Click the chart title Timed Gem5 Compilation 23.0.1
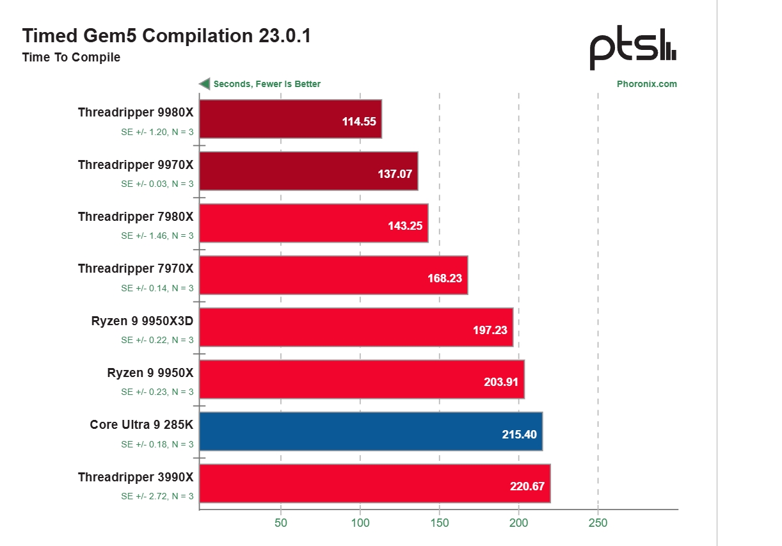[x=166, y=36]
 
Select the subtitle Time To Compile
[x=71, y=58]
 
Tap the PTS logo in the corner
[x=632, y=49]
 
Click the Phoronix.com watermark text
[x=646, y=84]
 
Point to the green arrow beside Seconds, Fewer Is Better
[x=205, y=84]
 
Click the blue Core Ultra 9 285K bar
[x=371, y=431]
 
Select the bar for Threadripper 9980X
[x=291, y=119]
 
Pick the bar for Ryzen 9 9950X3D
[x=356, y=327]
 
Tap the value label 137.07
[x=395, y=173]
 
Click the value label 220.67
[x=527, y=486]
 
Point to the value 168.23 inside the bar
[x=445, y=278]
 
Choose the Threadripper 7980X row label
[x=136, y=217]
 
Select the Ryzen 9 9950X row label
[x=150, y=373]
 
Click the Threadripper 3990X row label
[x=136, y=477]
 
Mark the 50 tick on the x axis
[x=280, y=523]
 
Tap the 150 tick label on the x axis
[x=439, y=523]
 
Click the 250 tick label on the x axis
[x=598, y=523]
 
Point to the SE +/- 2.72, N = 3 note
[x=157, y=496]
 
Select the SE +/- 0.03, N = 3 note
[x=157, y=184]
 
